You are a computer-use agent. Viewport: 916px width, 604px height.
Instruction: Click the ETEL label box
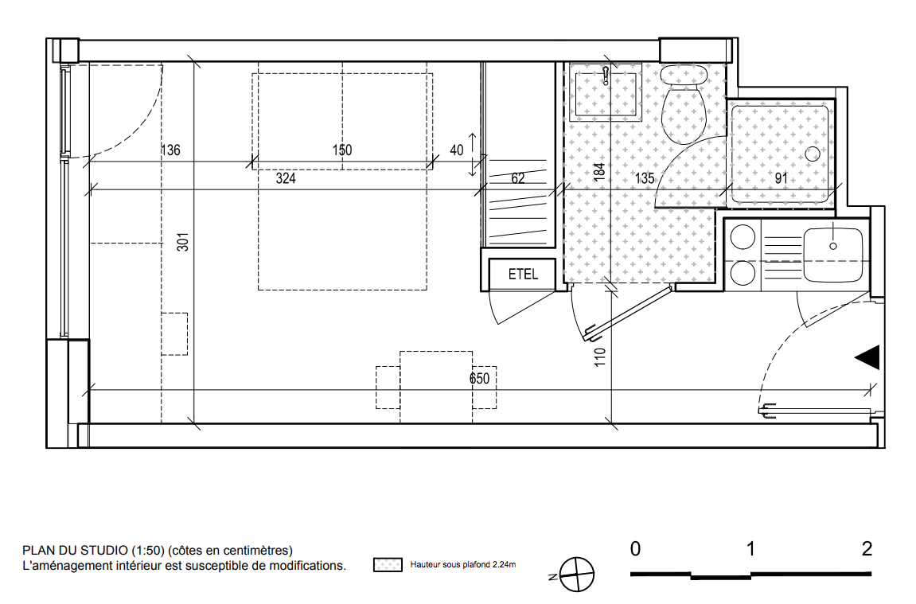[522, 274]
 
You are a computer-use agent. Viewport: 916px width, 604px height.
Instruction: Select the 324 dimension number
[286, 178]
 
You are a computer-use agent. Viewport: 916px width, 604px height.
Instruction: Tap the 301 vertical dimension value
[183, 242]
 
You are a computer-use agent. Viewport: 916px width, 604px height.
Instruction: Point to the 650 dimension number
[480, 379]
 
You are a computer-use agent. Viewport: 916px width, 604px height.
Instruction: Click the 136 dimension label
[170, 150]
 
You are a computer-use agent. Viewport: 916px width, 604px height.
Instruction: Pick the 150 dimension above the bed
[342, 150]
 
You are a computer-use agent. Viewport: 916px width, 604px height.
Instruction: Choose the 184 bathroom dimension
[598, 172]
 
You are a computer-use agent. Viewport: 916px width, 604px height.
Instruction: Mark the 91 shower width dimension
[781, 178]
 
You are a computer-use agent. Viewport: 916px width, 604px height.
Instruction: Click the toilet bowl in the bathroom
[684, 115]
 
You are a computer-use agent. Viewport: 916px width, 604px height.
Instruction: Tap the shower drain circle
[813, 154]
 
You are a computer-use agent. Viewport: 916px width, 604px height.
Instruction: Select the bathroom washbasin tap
[606, 76]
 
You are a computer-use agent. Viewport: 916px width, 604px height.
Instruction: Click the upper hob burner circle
[743, 238]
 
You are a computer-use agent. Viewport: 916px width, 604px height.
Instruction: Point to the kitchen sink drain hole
[833, 246]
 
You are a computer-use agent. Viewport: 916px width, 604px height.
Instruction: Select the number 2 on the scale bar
[867, 548]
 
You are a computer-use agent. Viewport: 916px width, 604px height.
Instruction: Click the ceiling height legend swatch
[388, 564]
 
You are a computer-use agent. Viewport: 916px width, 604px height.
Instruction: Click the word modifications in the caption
[309, 566]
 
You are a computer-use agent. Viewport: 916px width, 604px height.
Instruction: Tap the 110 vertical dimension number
[600, 357]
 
